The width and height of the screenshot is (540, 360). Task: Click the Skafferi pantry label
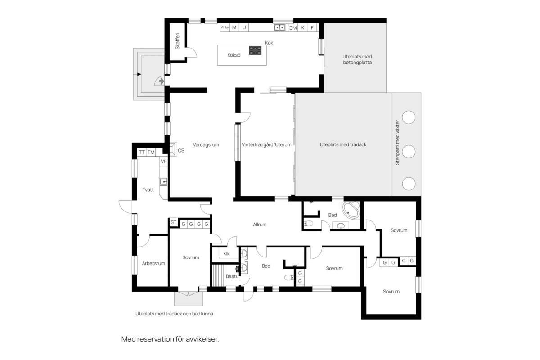pyautogui.click(x=177, y=41)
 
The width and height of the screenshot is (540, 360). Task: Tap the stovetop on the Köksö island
pyautogui.click(x=255, y=51)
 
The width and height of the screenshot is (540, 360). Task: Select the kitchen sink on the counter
pyautogui.click(x=280, y=28)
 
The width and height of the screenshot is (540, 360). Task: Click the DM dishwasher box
pyautogui.click(x=293, y=28)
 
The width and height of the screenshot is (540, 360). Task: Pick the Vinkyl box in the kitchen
pyautogui.click(x=225, y=27)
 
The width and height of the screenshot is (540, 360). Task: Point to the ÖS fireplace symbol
pyautogui.click(x=172, y=149)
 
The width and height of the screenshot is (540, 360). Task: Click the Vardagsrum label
pyautogui.click(x=206, y=145)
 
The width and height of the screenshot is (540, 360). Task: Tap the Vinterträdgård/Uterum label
pyautogui.click(x=266, y=145)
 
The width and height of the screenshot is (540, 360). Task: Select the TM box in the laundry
pyautogui.click(x=151, y=152)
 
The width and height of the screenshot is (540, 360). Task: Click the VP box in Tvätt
pyautogui.click(x=164, y=162)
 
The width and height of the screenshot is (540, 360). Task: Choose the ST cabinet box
pyautogui.click(x=174, y=222)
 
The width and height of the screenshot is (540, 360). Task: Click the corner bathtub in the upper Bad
pyautogui.click(x=351, y=210)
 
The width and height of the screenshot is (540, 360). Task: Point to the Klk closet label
pyautogui.click(x=226, y=254)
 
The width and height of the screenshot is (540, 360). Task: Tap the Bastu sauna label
pyautogui.click(x=232, y=276)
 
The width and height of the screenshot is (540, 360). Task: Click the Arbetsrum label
pyautogui.click(x=153, y=263)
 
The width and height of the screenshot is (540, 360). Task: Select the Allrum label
pyautogui.click(x=260, y=225)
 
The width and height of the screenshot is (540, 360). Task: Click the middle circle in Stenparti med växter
pyautogui.click(x=409, y=152)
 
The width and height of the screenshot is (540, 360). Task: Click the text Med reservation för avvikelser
pyautogui.click(x=170, y=339)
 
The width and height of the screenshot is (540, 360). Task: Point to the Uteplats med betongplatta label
pyautogui.click(x=357, y=59)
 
